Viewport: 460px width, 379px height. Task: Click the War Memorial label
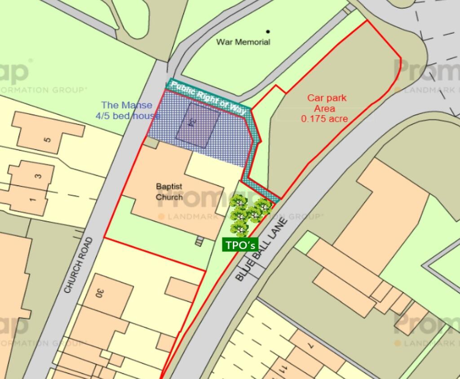[243, 42]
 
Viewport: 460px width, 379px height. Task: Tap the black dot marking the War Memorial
[268, 31]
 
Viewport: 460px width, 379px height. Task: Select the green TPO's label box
[240, 245]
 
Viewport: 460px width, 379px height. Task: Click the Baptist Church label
[169, 191]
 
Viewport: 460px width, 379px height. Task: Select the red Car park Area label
[327, 103]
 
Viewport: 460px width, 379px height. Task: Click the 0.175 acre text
[324, 119]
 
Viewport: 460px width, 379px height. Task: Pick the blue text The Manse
[127, 105]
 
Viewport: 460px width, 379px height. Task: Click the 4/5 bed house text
[128, 116]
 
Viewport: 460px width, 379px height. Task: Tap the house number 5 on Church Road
[48, 139]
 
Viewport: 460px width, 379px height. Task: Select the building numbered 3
[39, 176]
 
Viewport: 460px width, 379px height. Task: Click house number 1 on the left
[32, 198]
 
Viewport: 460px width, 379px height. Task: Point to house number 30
[100, 293]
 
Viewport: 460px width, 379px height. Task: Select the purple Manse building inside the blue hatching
[198, 125]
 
